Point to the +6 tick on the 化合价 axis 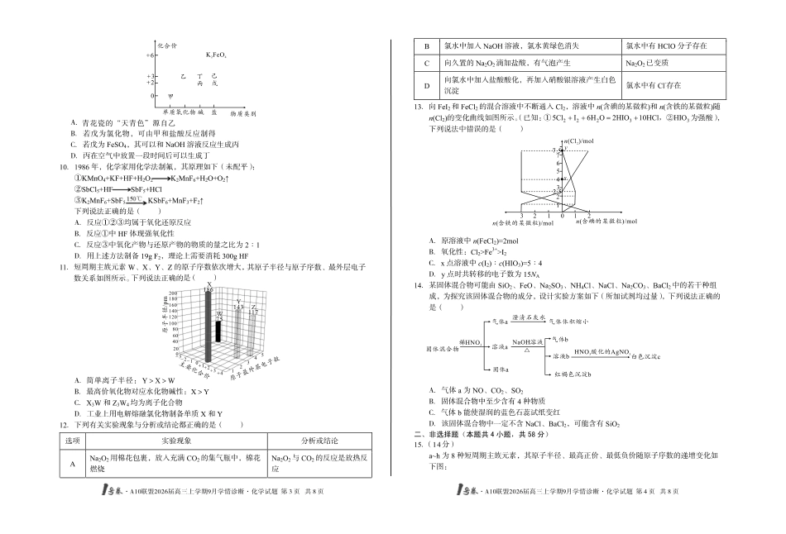click(151, 55)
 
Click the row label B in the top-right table click(427, 46)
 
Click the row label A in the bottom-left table click(72, 465)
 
